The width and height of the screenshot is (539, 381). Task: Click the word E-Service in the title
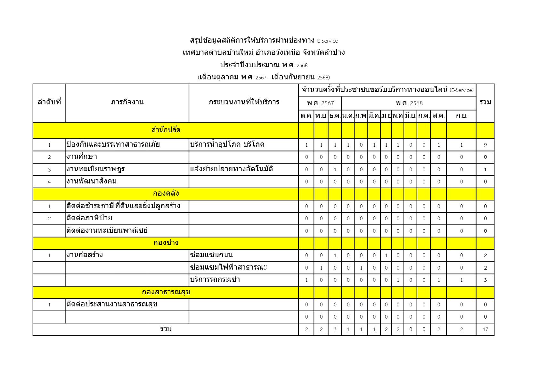[x=327, y=41]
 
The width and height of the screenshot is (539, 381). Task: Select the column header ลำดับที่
[x=49, y=102]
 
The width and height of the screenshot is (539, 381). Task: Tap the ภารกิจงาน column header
[x=127, y=102]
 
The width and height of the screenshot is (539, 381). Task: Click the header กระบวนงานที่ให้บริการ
[x=244, y=102]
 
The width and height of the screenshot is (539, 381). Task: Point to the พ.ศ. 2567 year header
[x=320, y=103]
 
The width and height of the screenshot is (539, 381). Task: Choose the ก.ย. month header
[x=461, y=116]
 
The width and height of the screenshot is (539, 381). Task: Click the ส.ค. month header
[x=438, y=116]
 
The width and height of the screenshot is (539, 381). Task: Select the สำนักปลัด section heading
[x=166, y=130]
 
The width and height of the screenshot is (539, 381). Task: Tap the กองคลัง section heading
[x=166, y=193]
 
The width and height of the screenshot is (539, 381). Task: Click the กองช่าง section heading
[x=166, y=243]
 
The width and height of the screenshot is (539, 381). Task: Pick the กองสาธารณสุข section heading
[x=166, y=292]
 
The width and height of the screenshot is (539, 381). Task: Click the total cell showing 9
[x=485, y=145]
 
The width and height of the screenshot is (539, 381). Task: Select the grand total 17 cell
[x=485, y=329]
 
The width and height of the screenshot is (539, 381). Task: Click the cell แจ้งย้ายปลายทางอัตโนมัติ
[x=231, y=169]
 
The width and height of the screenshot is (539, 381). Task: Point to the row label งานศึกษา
[x=82, y=157]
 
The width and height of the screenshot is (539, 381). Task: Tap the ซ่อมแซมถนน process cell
[x=211, y=255]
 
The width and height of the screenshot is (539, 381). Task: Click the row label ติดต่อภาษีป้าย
[x=89, y=218]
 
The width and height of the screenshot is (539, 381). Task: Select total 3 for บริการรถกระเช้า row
[x=485, y=280]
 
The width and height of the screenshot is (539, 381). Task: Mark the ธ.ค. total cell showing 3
[x=335, y=329]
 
